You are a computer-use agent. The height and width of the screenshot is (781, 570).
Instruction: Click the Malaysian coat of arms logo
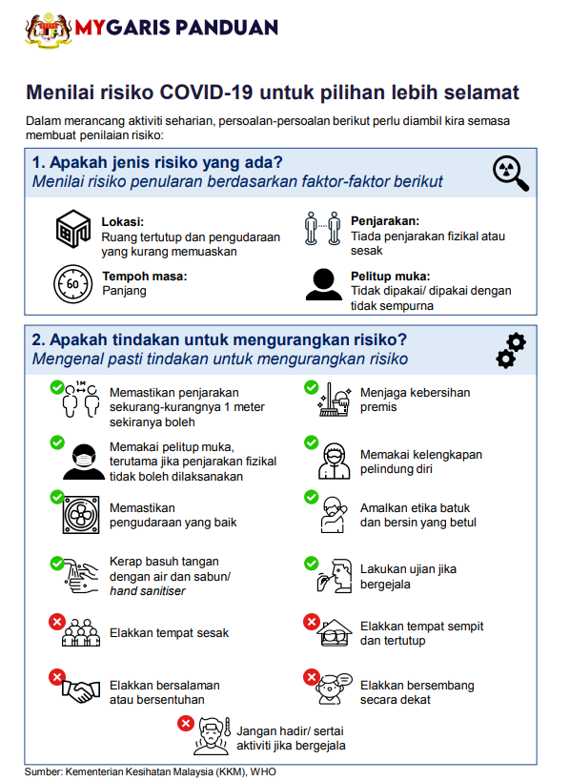49,31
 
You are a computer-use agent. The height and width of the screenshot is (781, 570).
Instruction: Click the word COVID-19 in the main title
206,92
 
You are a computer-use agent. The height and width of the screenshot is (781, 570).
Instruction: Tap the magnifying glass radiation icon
510,174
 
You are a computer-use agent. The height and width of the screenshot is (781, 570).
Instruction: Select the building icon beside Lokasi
73,229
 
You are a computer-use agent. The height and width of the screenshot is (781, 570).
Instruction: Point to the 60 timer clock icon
72,284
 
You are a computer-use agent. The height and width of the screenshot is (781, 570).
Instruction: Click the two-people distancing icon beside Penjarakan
322,229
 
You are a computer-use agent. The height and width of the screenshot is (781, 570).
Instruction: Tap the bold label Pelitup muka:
390,277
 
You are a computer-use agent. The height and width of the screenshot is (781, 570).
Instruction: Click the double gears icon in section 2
511,351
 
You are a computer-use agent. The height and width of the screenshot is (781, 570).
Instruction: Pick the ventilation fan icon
81,515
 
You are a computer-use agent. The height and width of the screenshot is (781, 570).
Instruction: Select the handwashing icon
82,576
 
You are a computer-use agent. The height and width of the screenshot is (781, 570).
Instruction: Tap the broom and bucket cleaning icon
334,400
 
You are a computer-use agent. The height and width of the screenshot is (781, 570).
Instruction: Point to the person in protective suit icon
334,462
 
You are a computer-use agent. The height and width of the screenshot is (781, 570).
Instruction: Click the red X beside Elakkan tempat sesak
57,622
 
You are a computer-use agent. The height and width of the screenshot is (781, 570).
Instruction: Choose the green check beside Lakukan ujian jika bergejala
311,564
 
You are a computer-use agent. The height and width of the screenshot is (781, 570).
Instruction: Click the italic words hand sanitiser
148,591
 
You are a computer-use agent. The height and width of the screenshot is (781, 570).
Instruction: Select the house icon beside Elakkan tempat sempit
335,632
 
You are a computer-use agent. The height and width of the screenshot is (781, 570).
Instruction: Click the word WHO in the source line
263,772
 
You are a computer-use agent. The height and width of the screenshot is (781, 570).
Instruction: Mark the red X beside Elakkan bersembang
312,676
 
